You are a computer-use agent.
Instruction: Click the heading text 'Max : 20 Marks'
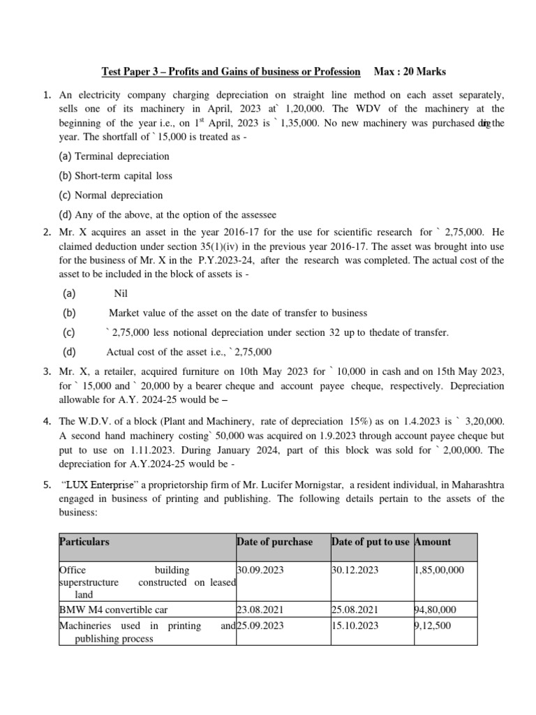[x=410, y=72]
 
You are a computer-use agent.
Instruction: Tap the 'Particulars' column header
[x=84, y=542]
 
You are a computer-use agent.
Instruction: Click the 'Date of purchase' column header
[x=274, y=542]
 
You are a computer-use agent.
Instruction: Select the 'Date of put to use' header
[x=371, y=542]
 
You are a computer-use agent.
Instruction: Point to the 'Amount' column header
[x=433, y=542]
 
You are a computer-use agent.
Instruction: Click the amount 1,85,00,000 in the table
[x=439, y=570]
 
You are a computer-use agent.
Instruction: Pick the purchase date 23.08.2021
[x=260, y=610]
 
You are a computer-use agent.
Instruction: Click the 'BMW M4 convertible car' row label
[x=113, y=610]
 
